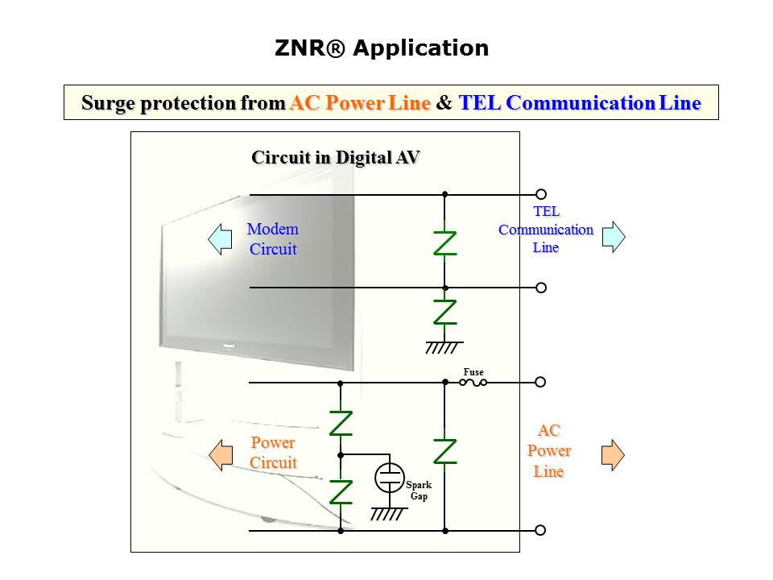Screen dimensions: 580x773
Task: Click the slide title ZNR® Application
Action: (x=382, y=48)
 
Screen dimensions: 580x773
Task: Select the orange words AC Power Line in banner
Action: (x=360, y=103)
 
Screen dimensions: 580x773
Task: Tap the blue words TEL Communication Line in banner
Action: (x=579, y=103)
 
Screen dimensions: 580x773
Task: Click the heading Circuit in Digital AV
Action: (x=336, y=157)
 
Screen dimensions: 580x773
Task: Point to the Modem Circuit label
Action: (x=272, y=239)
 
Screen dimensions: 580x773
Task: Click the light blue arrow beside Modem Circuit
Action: (x=220, y=239)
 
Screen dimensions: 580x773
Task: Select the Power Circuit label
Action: (x=273, y=453)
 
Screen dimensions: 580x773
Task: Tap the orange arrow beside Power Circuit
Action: (x=220, y=455)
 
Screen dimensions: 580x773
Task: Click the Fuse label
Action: (x=473, y=372)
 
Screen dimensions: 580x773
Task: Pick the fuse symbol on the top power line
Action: (x=473, y=383)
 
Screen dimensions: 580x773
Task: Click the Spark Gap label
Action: (x=419, y=491)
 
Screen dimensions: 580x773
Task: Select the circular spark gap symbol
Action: (x=390, y=478)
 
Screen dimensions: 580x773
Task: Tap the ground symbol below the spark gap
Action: (x=386, y=514)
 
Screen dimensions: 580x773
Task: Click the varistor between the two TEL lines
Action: (x=444, y=242)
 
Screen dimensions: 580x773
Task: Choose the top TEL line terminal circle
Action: (x=541, y=194)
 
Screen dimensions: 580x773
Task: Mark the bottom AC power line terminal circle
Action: (x=541, y=530)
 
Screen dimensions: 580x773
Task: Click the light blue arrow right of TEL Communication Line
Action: (x=614, y=237)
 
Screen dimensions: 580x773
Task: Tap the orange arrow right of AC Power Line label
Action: (x=613, y=455)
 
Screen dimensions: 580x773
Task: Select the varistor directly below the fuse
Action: (x=444, y=451)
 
